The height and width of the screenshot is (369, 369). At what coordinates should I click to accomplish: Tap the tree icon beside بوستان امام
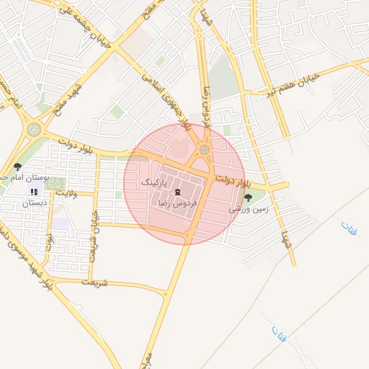(x=17, y=166)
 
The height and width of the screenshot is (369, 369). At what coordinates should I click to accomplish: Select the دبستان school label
(x=35, y=203)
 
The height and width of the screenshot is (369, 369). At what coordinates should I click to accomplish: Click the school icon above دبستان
(x=34, y=192)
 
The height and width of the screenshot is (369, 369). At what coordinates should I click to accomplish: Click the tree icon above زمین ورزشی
(x=249, y=197)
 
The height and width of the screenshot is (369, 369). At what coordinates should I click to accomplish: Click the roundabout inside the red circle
(x=205, y=150)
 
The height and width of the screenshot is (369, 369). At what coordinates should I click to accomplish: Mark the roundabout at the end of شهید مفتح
(x=33, y=130)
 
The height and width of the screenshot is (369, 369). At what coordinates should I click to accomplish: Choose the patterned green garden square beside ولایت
(x=53, y=184)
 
